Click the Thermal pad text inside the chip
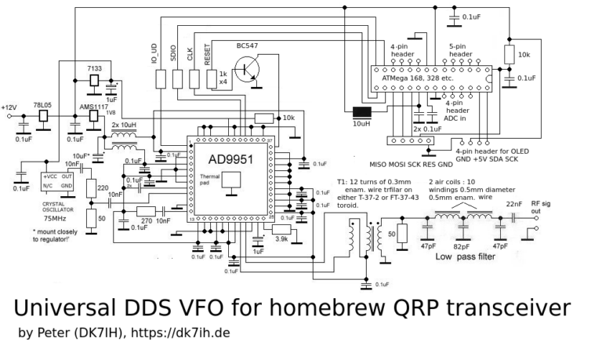point(210,180)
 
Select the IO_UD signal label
point(154,53)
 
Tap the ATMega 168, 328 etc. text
point(418,78)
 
